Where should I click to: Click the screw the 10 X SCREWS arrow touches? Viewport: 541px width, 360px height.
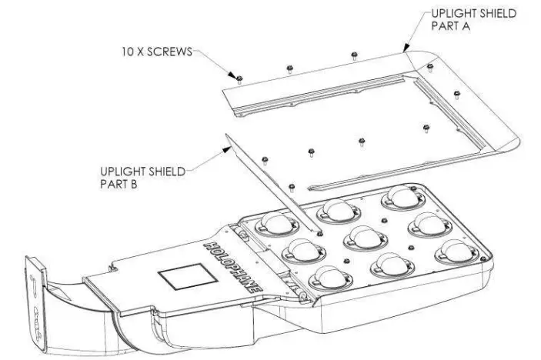click(239, 78)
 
